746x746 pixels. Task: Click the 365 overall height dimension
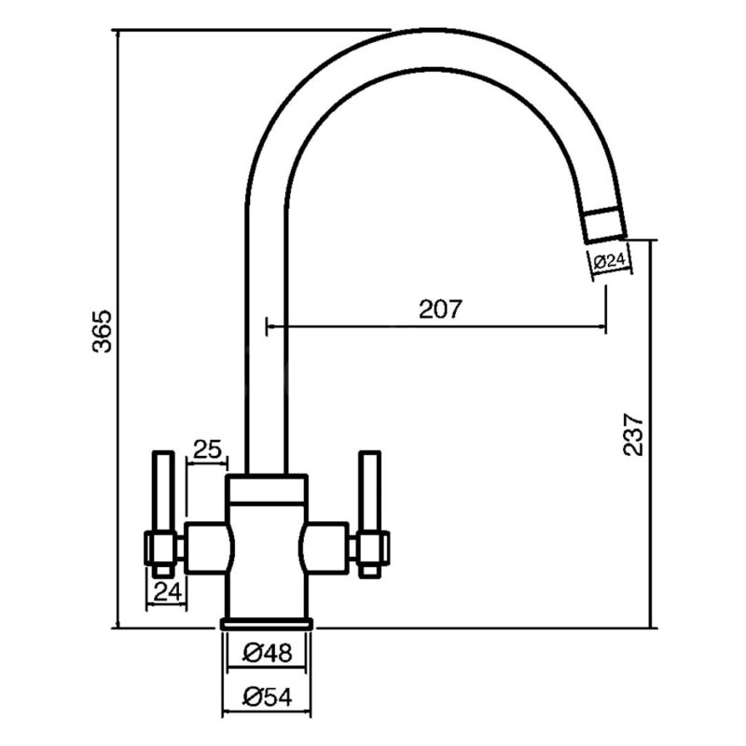(x=102, y=331)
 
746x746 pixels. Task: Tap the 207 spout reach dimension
(x=440, y=310)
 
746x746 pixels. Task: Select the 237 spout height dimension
(x=633, y=435)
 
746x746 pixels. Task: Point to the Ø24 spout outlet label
(x=609, y=261)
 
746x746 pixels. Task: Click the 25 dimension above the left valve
(x=207, y=449)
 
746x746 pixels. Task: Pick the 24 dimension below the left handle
(x=168, y=591)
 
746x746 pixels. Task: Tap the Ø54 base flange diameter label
(x=268, y=697)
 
